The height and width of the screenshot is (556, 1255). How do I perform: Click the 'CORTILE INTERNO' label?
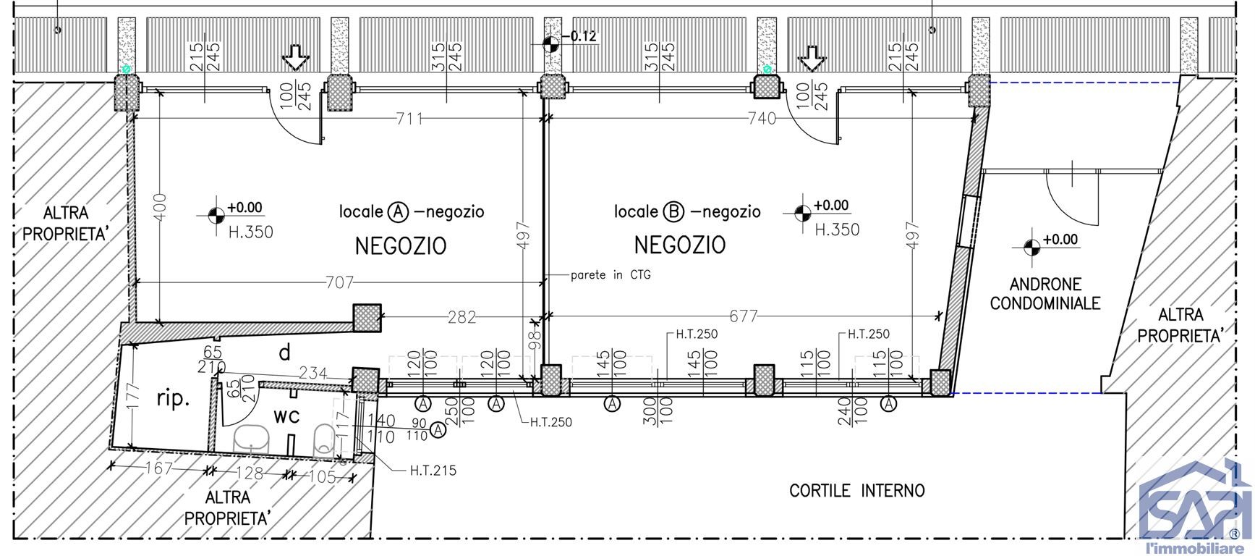856,491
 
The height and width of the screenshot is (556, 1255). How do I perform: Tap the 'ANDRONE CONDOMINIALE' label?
1045,293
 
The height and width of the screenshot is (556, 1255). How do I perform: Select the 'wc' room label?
286,416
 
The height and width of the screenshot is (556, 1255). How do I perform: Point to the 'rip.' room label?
174,398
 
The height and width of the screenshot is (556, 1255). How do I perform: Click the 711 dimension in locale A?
409,119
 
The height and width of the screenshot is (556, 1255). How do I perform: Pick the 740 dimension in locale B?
759,119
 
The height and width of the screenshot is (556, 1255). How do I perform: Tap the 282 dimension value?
461,316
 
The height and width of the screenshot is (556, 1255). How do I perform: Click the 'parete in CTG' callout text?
605,275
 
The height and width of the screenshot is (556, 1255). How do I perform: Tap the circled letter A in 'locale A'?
398,212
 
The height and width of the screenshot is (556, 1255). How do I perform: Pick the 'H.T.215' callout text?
433,471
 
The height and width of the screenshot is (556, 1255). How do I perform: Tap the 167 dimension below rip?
158,468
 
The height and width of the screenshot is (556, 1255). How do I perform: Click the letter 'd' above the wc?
285,353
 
